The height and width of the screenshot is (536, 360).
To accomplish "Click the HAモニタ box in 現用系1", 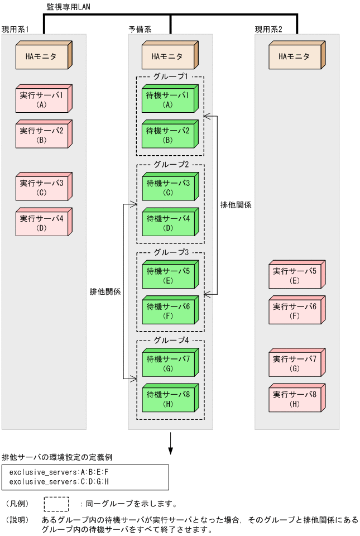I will (44, 56).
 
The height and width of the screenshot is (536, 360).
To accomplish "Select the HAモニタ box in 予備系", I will (170, 56).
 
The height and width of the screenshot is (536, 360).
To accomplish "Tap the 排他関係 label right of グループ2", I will (236, 205).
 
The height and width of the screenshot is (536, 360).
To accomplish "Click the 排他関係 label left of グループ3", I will (105, 292).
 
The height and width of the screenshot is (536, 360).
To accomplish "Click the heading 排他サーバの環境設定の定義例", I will (57, 457).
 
